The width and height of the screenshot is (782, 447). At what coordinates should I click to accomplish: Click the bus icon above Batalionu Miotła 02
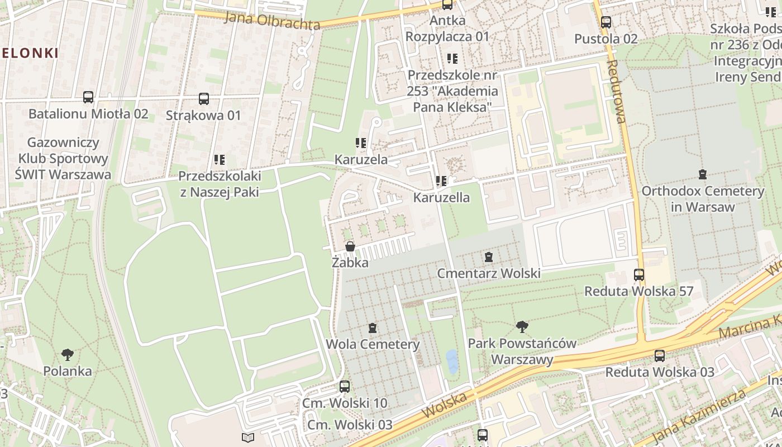[x=88, y=97]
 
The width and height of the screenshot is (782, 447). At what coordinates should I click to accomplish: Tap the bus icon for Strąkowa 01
[x=204, y=99]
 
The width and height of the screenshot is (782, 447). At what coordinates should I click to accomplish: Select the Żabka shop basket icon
[x=350, y=246]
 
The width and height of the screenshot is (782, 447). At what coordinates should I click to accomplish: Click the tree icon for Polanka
[x=68, y=354]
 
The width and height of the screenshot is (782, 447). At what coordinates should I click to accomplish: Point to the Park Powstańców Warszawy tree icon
[x=522, y=326]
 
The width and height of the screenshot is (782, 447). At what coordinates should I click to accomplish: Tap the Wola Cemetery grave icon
[x=373, y=328]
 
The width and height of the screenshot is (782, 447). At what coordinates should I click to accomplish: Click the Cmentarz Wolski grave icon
[x=489, y=257]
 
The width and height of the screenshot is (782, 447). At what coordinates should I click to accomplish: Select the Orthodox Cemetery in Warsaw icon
[x=703, y=174]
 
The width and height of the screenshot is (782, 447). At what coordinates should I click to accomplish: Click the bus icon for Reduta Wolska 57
[x=639, y=275]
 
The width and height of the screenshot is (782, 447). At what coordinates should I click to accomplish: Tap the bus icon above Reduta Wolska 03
[x=660, y=355]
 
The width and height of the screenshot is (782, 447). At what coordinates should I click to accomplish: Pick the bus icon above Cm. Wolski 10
[x=345, y=386]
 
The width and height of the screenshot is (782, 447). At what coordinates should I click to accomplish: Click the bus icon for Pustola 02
[x=606, y=22]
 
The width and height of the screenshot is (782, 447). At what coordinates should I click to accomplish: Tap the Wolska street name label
[x=445, y=405]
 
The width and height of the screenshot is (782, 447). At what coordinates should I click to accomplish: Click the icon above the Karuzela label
[x=361, y=143]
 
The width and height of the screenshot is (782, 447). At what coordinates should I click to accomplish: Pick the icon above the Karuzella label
[x=441, y=181]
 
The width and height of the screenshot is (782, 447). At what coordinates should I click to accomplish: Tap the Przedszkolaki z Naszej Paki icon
[x=220, y=160]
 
